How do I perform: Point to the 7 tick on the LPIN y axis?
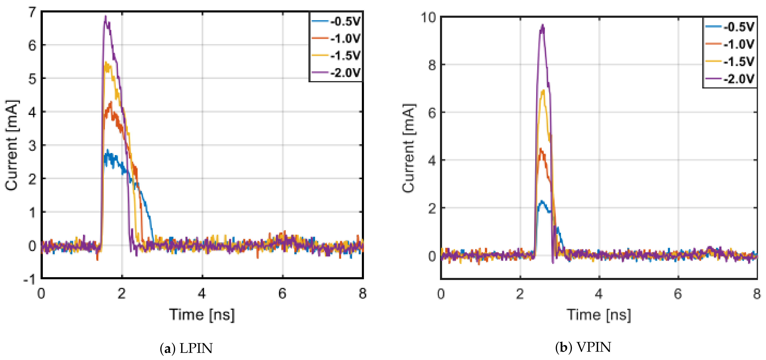(x=32, y=12)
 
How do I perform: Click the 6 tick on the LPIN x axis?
(x=282, y=294)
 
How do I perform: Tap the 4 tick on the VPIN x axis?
(x=599, y=294)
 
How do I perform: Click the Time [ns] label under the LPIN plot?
(x=202, y=315)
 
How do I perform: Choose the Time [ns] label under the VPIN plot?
(x=599, y=315)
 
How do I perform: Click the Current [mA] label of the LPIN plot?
(x=12, y=145)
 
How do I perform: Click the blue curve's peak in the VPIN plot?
(x=542, y=202)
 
